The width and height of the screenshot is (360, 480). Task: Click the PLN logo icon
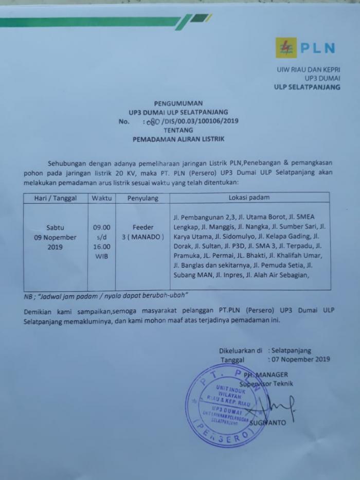tap(286, 48)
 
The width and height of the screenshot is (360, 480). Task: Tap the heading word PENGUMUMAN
tap(178, 103)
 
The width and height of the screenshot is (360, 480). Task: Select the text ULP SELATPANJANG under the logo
tap(307, 87)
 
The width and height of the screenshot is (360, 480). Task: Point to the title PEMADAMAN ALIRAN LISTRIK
tap(179, 139)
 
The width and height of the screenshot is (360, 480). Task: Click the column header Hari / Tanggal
tap(55, 198)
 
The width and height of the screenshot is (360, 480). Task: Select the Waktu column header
tap(101, 198)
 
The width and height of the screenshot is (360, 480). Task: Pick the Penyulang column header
tap(143, 198)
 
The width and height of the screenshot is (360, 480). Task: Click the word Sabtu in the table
tap(56, 227)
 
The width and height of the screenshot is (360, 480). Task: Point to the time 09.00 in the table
tap(101, 227)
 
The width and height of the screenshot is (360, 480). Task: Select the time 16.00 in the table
tap(101, 247)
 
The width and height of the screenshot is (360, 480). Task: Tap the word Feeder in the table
tap(142, 227)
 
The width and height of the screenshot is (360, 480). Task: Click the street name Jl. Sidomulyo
tap(229, 237)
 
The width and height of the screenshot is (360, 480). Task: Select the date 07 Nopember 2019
tap(300, 360)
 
